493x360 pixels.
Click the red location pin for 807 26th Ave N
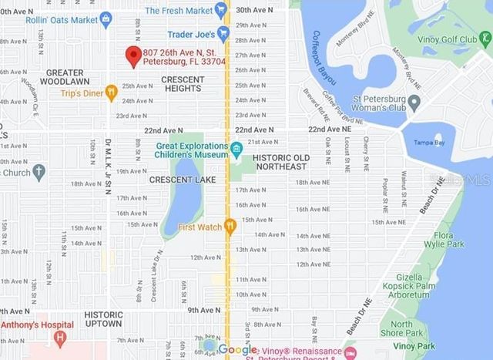pyautogui.click(x=132, y=55)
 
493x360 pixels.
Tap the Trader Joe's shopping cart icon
pyautogui.click(x=223, y=34)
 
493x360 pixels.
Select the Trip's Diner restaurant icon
pyautogui.click(x=111, y=93)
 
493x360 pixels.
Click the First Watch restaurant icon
pyautogui.click(x=229, y=226)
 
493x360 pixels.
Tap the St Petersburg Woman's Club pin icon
pyautogui.click(x=414, y=101)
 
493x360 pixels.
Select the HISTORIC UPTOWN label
pyautogui.click(x=103, y=319)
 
